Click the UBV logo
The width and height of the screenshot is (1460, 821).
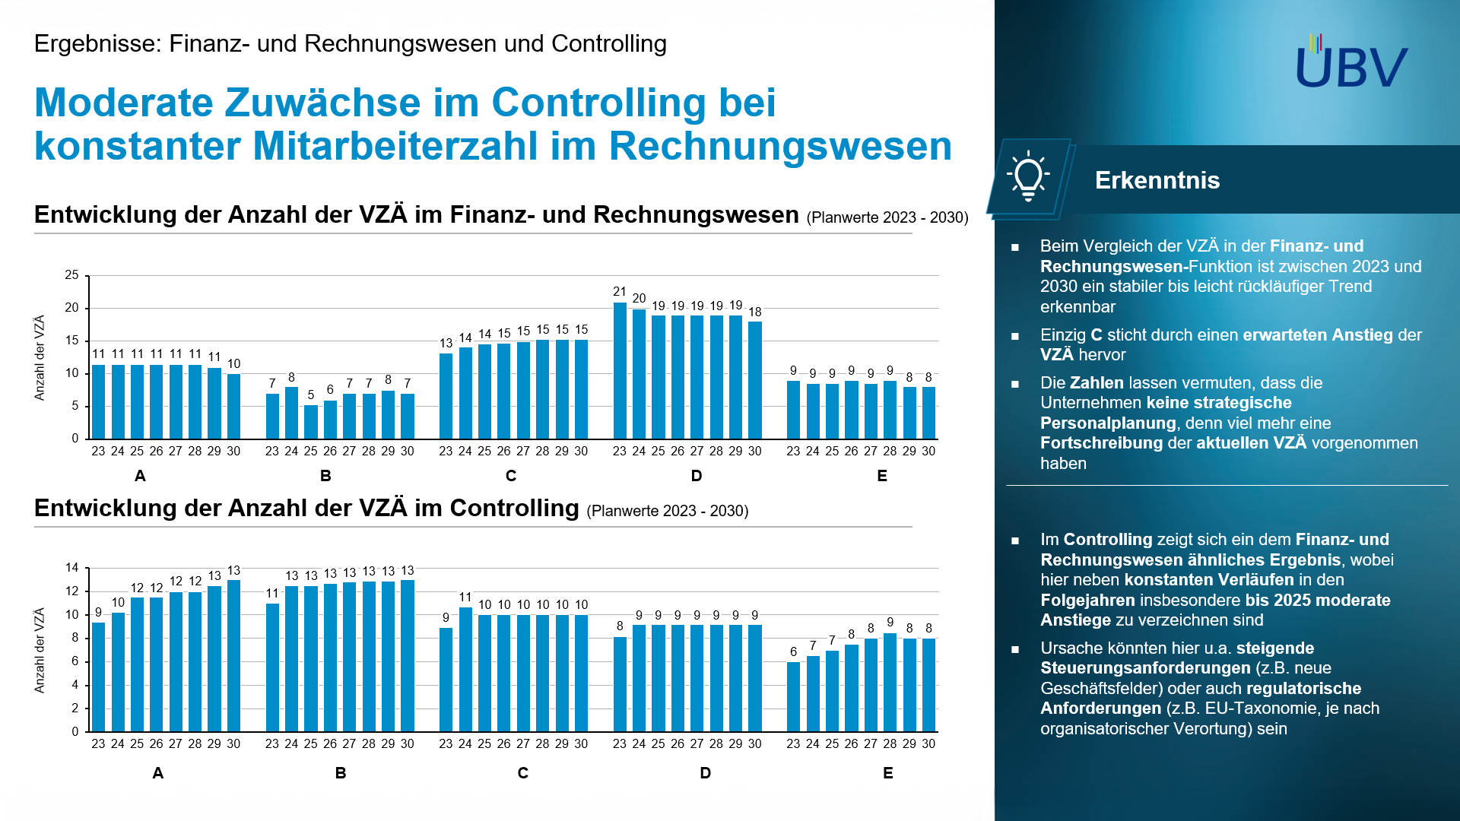pyautogui.click(x=1351, y=62)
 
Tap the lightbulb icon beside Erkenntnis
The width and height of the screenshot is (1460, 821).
pyautogui.click(x=1028, y=177)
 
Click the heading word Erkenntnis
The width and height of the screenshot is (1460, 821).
pyautogui.click(x=1157, y=180)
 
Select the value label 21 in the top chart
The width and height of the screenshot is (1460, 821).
pyautogui.click(x=620, y=292)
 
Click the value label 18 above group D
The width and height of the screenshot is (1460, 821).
pyautogui.click(x=754, y=312)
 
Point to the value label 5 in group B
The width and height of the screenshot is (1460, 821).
pyautogui.click(x=310, y=395)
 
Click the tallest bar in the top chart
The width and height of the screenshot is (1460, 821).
pyautogui.click(x=620, y=371)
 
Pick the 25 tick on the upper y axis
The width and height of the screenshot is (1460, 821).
pyautogui.click(x=71, y=275)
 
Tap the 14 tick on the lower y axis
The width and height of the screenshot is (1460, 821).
pyautogui.click(x=71, y=568)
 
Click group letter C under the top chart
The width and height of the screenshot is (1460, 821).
pyautogui.click(x=511, y=476)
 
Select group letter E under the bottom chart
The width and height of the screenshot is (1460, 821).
pyautogui.click(x=887, y=773)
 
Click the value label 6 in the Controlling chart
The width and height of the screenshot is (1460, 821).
pyautogui.click(x=793, y=652)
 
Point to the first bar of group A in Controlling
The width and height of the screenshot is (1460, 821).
pyautogui.click(x=98, y=677)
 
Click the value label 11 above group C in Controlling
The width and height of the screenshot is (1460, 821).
pyautogui.click(x=465, y=598)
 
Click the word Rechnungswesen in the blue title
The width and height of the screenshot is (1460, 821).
pyautogui.click(x=780, y=146)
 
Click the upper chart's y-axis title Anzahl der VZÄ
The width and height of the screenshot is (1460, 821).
pyautogui.click(x=40, y=357)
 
